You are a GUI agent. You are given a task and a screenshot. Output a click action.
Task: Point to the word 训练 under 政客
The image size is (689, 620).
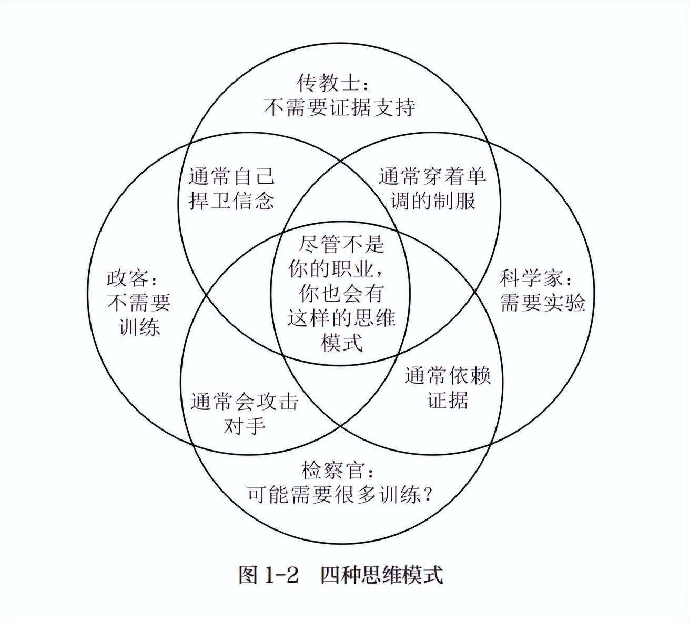click(139, 327)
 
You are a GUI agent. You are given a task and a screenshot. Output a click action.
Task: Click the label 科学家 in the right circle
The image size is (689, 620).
click(531, 277)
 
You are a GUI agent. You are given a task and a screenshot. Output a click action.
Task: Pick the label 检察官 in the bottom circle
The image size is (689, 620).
click(332, 469)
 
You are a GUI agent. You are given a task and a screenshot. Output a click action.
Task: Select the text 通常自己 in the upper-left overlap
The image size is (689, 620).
click(231, 177)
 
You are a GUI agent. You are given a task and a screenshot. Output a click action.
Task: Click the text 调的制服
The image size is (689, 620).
click(433, 201)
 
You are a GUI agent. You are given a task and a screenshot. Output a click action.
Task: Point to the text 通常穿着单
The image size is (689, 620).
click(432, 176)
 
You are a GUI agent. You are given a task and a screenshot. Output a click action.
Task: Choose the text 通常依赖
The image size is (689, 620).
click(448, 376)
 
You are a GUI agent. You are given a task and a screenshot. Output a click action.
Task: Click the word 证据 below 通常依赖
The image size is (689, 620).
click(448, 401)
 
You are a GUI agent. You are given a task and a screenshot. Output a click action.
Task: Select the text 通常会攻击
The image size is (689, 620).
click(244, 402)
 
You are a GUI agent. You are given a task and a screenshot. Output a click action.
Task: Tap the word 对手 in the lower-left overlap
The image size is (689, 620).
click(244, 426)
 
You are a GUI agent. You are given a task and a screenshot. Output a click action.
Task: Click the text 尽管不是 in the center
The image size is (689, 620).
click(341, 244)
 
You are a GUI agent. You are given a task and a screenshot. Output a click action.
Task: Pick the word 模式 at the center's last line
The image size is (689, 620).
click(341, 343)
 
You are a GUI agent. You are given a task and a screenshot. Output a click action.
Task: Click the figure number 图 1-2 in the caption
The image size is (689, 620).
click(268, 575)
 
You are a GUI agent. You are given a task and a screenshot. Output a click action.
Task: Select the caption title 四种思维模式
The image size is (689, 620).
click(381, 575)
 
